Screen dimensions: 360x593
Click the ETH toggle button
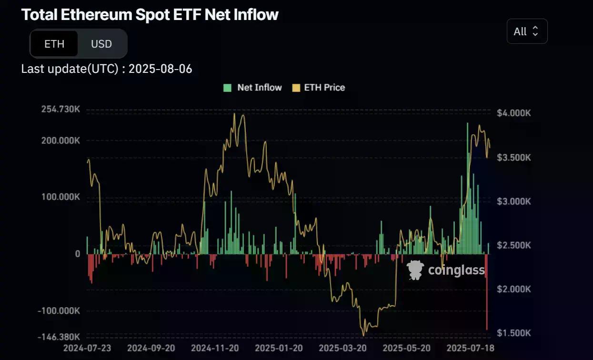(x=54, y=44)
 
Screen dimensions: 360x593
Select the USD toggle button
(x=101, y=44)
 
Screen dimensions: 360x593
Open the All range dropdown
(x=527, y=31)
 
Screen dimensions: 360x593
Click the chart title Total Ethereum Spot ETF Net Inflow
(x=150, y=14)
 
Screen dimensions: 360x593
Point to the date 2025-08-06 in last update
(x=161, y=69)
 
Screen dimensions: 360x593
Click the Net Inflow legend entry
(x=253, y=88)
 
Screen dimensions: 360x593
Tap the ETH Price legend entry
(x=319, y=88)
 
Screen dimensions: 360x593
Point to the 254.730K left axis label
(x=60, y=110)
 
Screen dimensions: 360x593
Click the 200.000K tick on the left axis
(x=60, y=141)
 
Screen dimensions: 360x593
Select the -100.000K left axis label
(x=60, y=311)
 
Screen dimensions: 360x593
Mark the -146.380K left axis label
(x=60, y=337)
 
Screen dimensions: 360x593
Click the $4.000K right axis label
(x=513, y=113)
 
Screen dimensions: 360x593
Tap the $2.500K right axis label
(x=513, y=245)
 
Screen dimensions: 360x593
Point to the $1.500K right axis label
(x=513, y=333)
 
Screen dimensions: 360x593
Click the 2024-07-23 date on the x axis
(x=87, y=348)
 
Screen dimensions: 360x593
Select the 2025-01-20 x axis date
(x=279, y=348)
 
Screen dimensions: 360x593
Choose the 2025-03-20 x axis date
(x=342, y=348)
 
